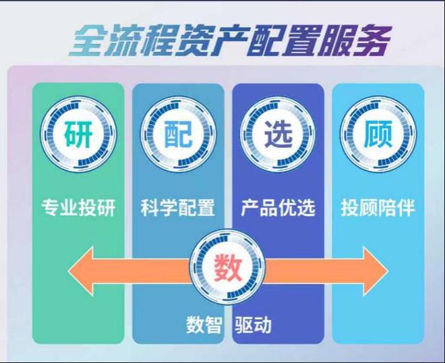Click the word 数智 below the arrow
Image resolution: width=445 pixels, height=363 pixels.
(204, 324)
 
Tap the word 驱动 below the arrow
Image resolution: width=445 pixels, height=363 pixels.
(254, 324)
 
